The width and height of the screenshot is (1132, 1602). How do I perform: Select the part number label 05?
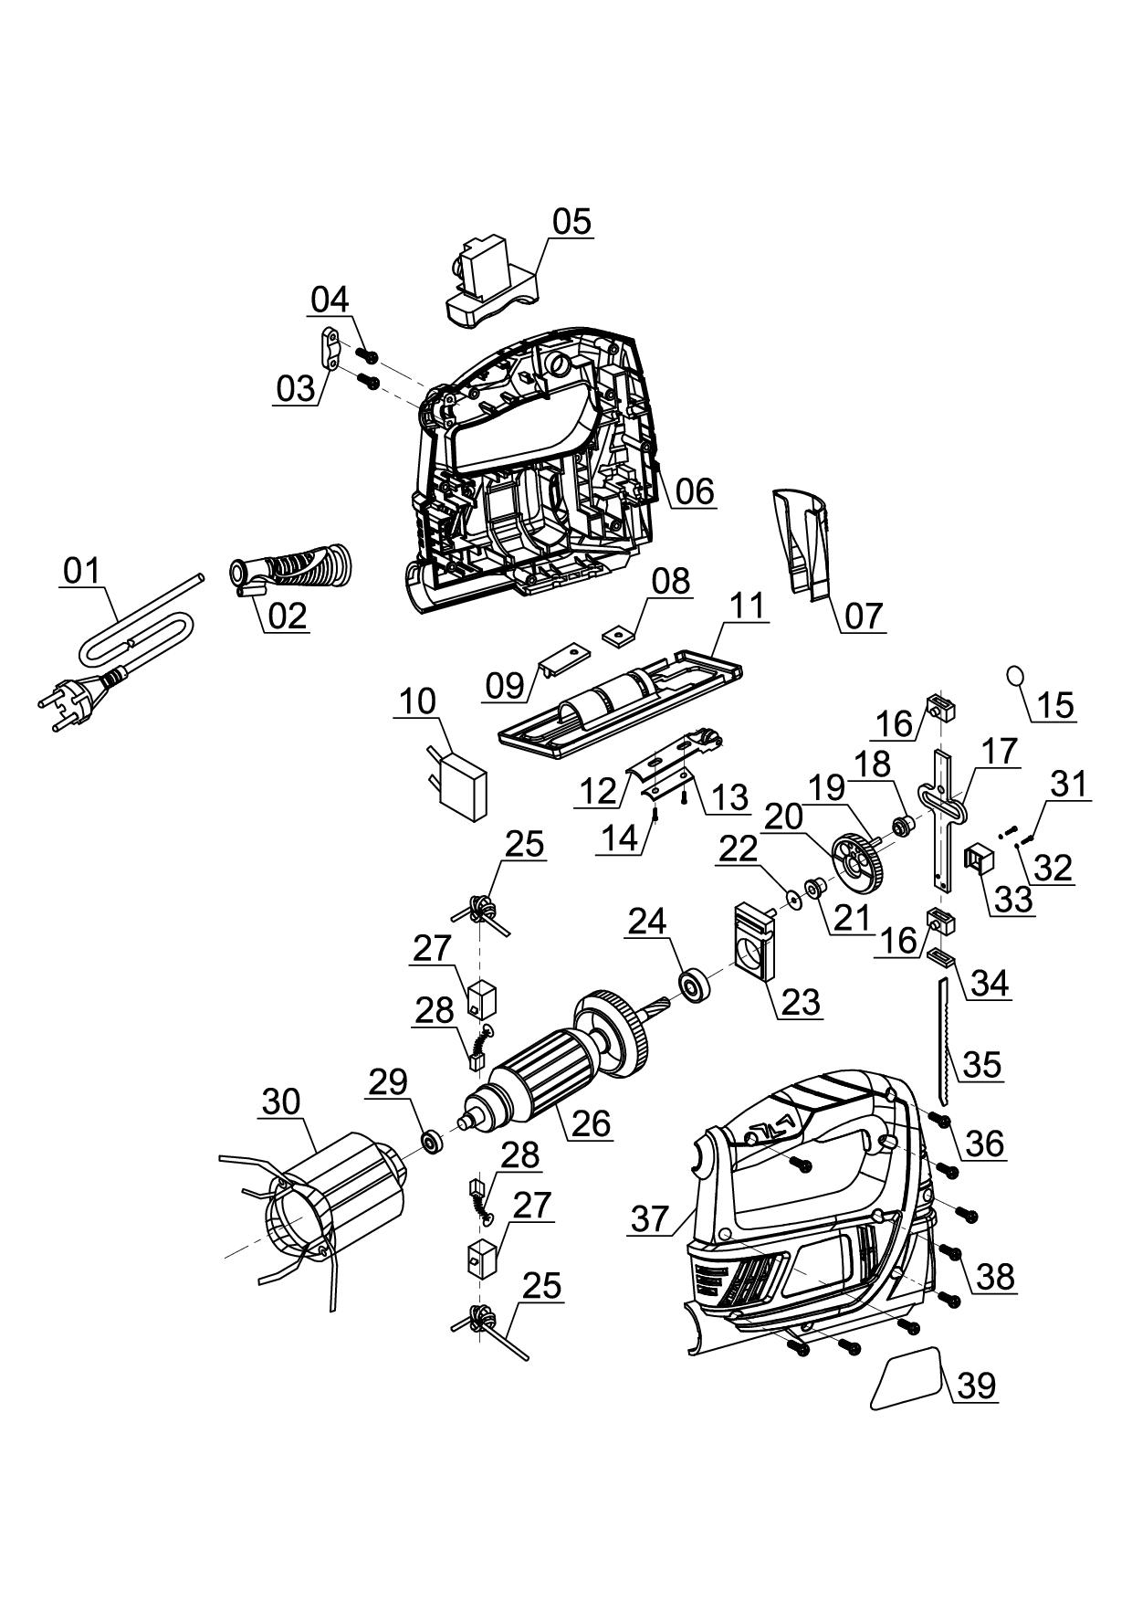click(x=571, y=221)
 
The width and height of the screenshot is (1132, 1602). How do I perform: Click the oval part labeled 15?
click(x=1015, y=677)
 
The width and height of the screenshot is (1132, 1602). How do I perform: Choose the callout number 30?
click(x=280, y=1101)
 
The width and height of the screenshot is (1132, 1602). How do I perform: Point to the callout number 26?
click(x=590, y=1122)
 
